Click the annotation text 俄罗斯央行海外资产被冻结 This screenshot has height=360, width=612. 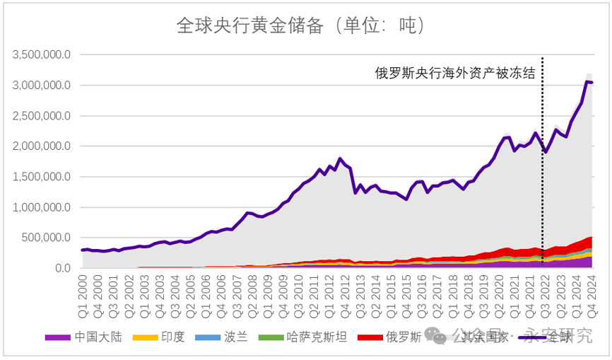tap(454, 73)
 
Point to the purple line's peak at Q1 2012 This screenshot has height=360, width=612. tap(340, 158)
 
